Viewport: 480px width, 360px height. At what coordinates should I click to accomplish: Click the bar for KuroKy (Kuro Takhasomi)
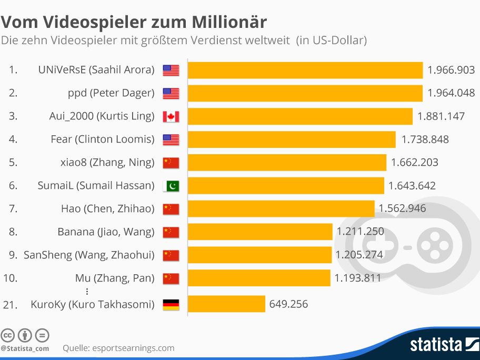pyautogui.click(x=226, y=304)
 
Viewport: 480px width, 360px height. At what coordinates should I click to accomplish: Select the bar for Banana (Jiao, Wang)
pyautogui.click(x=260, y=232)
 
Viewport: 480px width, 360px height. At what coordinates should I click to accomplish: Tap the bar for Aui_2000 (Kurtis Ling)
pyautogui.click(x=300, y=116)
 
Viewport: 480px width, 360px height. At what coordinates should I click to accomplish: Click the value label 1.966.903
pyautogui.click(x=451, y=70)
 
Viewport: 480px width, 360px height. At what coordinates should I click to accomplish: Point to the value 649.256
pyautogui.click(x=288, y=304)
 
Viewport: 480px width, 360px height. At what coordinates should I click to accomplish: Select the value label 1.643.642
pyautogui.click(x=412, y=185)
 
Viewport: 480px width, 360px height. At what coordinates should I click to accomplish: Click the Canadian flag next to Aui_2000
pyautogui.click(x=171, y=116)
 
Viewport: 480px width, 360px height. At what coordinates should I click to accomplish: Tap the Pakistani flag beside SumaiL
pyautogui.click(x=171, y=186)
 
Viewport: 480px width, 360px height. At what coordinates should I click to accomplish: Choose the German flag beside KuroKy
pyautogui.click(x=171, y=304)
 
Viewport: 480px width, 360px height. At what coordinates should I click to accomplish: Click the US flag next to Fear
pyautogui.click(x=171, y=139)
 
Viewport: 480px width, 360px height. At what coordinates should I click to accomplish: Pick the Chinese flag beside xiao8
pyautogui.click(x=171, y=163)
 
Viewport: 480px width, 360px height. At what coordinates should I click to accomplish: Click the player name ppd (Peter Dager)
pyautogui.click(x=111, y=93)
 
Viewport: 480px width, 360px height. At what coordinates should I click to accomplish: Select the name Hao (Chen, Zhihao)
pyautogui.click(x=107, y=209)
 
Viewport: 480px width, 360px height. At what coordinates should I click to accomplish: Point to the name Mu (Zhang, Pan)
pyautogui.click(x=115, y=278)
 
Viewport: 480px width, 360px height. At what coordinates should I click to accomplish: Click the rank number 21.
pyautogui.click(x=10, y=304)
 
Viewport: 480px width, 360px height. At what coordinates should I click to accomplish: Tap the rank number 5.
pyautogui.click(x=13, y=163)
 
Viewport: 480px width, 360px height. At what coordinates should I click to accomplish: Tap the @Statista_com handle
pyautogui.click(x=25, y=348)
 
